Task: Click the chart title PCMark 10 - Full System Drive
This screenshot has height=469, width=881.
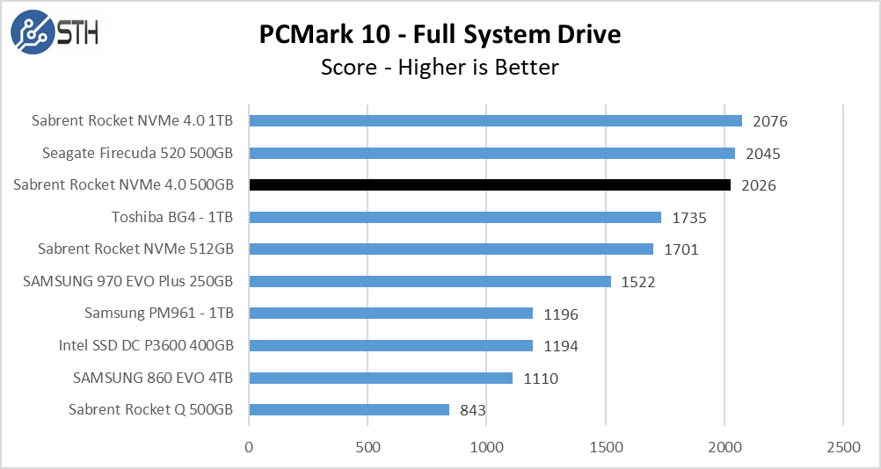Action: (x=440, y=34)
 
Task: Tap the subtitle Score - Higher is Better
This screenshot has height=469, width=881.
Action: (x=440, y=67)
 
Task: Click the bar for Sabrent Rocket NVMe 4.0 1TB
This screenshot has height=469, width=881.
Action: (x=495, y=121)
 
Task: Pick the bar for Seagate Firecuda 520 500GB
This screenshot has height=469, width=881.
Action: (x=491, y=153)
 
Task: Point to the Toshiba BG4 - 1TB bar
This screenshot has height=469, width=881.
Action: (x=455, y=217)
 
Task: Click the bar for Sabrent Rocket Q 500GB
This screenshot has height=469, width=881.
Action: (x=349, y=409)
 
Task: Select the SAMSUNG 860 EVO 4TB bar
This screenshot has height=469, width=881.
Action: (x=381, y=378)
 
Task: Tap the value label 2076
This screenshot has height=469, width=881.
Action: (x=770, y=122)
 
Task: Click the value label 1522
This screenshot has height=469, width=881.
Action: (x=638, y=282)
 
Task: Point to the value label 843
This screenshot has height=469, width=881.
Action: (x=473, y=410)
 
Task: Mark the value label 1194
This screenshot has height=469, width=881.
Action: (x=561, y=346)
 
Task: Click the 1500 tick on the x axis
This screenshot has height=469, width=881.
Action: (x=606, y=447)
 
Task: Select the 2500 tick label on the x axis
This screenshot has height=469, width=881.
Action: (x=843, y=447)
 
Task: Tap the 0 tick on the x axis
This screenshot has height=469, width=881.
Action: (x=250, y=447)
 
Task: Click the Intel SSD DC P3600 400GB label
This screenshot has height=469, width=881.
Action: (x=147, y=345)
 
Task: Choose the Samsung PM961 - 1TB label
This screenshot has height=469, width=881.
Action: (x=159, y=313)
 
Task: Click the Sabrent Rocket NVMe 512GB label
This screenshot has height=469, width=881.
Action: (x=136, y=249)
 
